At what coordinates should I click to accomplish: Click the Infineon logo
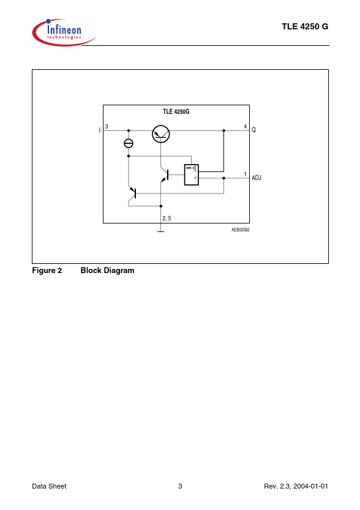[64, 32]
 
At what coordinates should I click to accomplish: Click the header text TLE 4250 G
[305, 27]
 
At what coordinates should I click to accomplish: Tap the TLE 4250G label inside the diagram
[176, 111]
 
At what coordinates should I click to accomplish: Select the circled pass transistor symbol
[161, 133]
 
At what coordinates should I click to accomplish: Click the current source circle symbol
[129, 143]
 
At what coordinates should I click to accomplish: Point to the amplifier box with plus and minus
[191, 174]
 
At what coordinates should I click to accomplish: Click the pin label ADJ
[257, 178]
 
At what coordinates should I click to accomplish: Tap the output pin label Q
[253, 130]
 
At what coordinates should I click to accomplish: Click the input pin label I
[100, 130]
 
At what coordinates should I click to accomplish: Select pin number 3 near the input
[107, 127]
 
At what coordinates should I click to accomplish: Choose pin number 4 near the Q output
[245, 127]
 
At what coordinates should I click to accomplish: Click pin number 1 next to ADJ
[246, 174]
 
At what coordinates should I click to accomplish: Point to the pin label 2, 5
[167, 218]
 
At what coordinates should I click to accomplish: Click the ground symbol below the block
[160, 231]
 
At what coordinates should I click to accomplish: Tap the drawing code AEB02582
[241, 230]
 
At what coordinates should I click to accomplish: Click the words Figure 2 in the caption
[47, 271]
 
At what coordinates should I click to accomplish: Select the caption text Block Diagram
[107, 271]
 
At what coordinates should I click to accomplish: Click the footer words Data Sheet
[49, 486]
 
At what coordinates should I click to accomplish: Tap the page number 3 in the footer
[180, 486]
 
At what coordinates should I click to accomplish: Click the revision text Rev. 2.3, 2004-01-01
[296, 486]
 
